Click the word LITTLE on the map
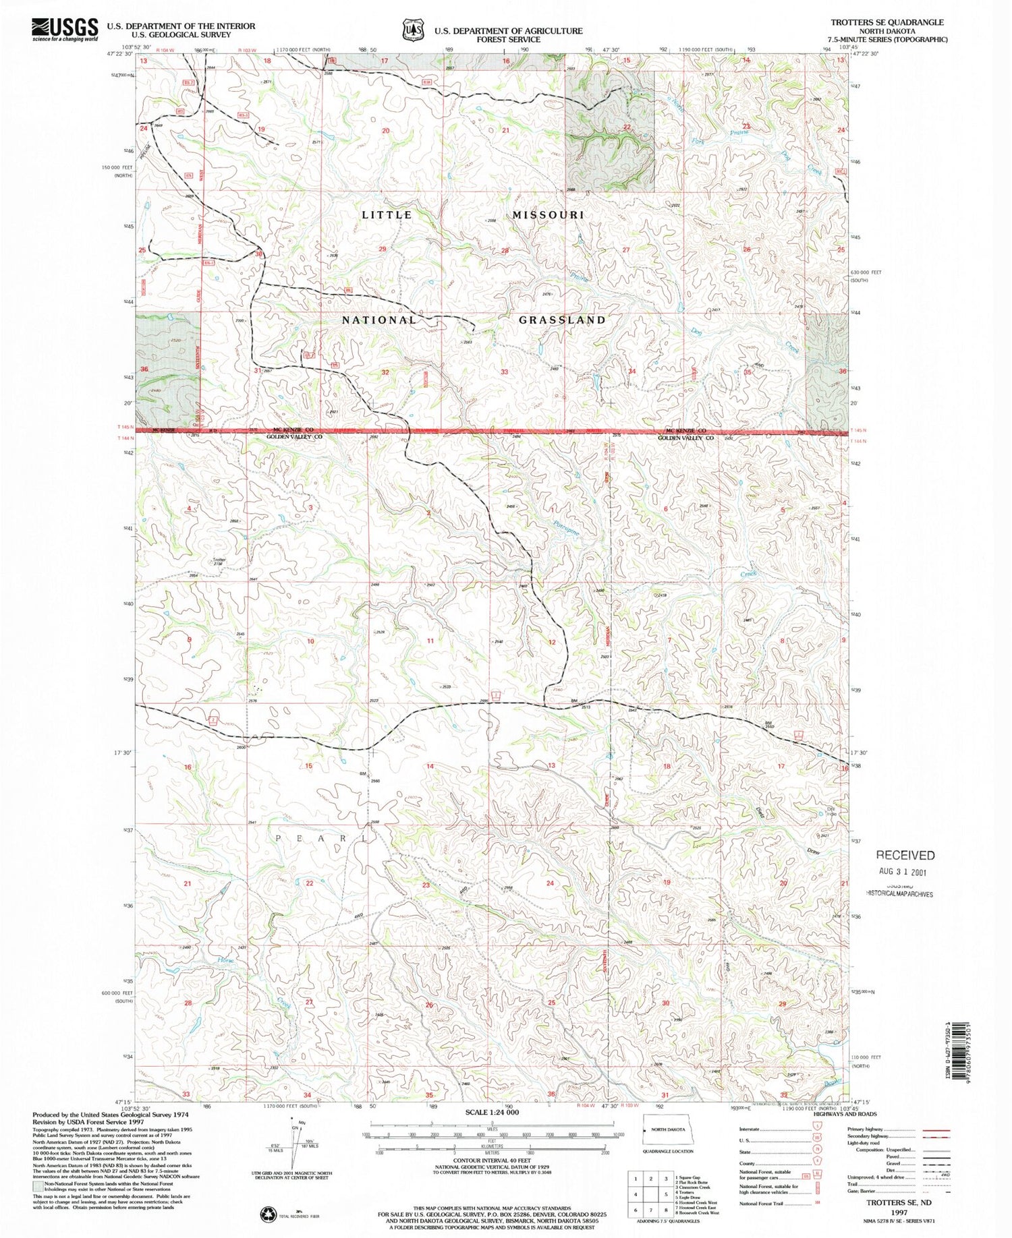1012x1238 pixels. coord(387,215)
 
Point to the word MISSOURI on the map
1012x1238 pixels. coord(548,215)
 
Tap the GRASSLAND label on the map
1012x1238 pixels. coord(562,320)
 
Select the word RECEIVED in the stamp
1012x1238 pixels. coord(905,856)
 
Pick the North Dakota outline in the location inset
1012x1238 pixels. coord(664,1129)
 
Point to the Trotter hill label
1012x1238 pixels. coord(219,560)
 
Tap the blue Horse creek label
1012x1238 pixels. coord(225,960)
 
